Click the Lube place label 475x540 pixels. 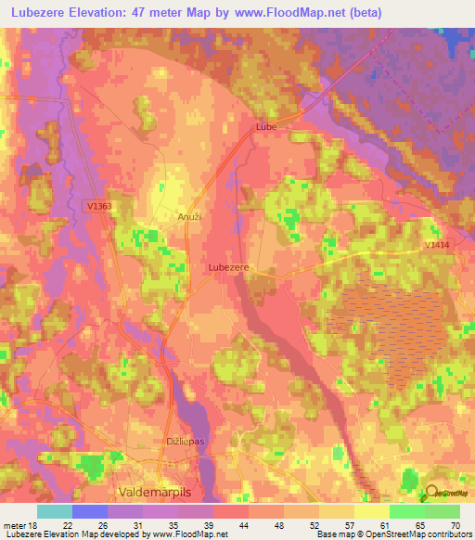pyautogui.click(x=266, y=125)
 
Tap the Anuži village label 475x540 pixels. pyautogui.click(x=189, y=216)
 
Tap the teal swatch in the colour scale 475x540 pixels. pyautogui.click(x=54, y=511)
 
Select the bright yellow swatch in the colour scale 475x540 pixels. pyautogui.click(x=371, y=511)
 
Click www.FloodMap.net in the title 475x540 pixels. pyautogui.click(x=296, y=13)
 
